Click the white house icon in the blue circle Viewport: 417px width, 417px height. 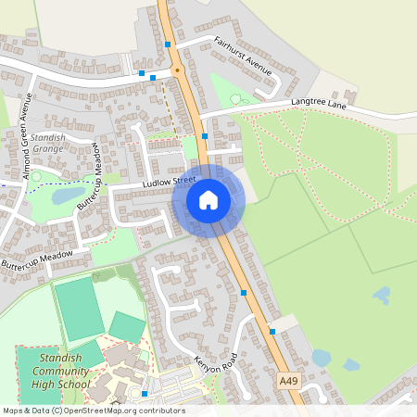[x=208, y=200]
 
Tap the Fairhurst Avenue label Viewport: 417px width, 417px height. [x=240, y=55]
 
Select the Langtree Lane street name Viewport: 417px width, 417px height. [x=318, y=104]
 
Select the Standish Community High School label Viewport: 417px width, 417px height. [x=49, y=371]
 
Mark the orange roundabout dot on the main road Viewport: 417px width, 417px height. [x=176, y=70]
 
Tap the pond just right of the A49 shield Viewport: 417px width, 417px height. [x=322, y=358]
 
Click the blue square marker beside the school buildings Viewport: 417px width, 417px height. [x=145, y=394]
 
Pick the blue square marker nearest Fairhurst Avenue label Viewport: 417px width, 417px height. [x=168, y=44]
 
